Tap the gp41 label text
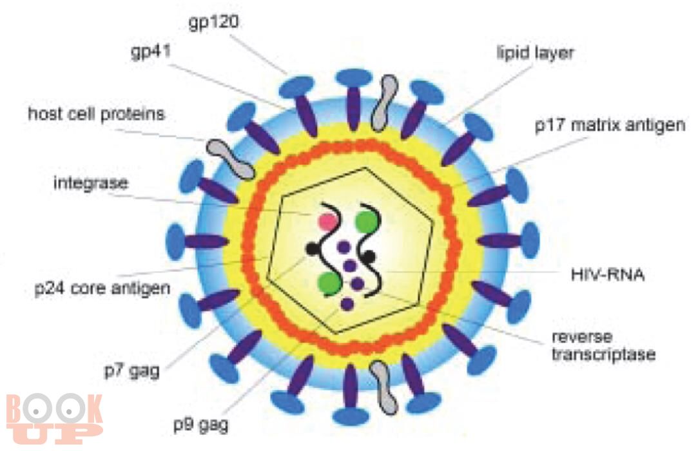(151, 52)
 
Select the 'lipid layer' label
(535, 53)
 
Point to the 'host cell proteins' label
(97, 114)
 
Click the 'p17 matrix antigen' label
(610, 126)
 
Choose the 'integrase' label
(91, 183)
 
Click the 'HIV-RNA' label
(608, 274)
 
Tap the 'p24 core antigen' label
(102, 288)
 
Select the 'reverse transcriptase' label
(603, 346)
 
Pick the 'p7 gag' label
(131, 370)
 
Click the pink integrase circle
(327, 221)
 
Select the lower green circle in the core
(331, 283)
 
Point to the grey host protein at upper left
(230, 158)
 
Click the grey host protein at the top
(384, 102)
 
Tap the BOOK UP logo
(54, 418)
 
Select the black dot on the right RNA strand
(369, 256)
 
